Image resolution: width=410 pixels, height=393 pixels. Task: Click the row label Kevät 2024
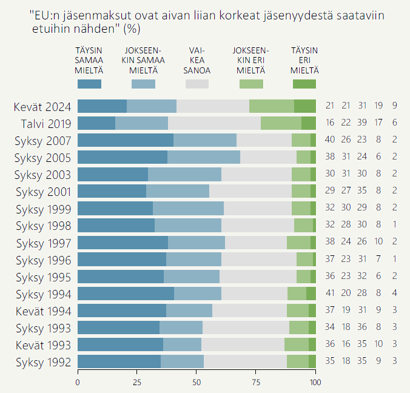[x=43, y=106]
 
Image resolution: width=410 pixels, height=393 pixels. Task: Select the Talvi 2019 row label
[x=46, y=123]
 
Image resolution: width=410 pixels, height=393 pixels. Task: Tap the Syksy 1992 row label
[x=44, y=362]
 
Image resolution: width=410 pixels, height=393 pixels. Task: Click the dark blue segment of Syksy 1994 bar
[x=126, y=294]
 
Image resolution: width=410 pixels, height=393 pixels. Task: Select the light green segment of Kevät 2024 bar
[x=272, y=106]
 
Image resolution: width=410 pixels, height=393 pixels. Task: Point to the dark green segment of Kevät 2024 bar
[x=305, y=106]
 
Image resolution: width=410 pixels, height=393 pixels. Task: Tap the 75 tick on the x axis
[x=256, y=383]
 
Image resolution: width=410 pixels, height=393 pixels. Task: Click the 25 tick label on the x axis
[x=137, y=383]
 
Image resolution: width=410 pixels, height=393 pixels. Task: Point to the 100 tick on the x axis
[x=315, y=383]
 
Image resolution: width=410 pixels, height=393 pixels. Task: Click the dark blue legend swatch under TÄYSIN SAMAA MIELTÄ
[x=89, y=84]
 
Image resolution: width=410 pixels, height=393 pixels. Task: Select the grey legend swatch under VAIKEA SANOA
[x=197, y=84]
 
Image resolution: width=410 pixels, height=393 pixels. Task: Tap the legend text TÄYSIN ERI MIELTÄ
[x=304, y=60]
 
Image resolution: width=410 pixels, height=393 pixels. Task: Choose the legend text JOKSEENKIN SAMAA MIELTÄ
[x=143, y=60]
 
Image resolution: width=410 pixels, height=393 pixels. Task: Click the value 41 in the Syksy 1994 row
[x=330, y=294]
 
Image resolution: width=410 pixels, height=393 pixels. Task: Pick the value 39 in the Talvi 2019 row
[x=362, y=123]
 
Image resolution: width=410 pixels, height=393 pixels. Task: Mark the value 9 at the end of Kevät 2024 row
[x=394, y=106]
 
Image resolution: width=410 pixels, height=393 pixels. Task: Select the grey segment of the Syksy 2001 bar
[x=250, y=191]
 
